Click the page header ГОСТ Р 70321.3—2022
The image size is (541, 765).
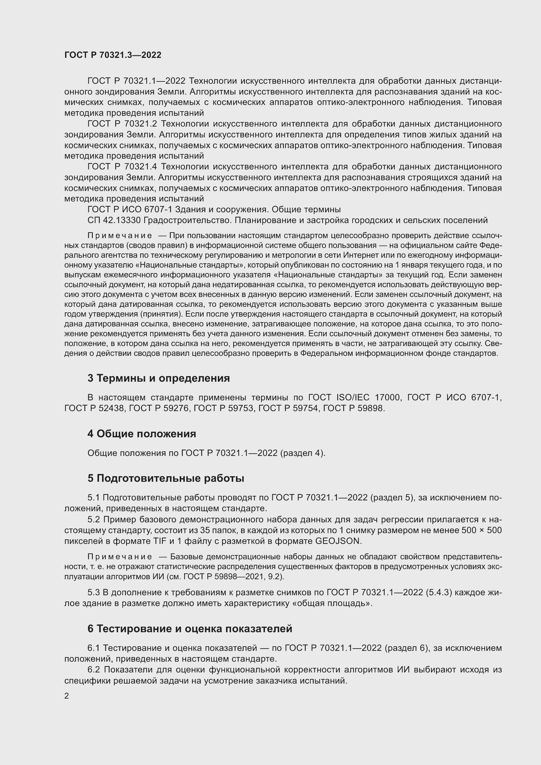tap(113, 55)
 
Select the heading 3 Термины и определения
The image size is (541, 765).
tap(159, 378)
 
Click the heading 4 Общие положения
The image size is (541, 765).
tap(142, 434)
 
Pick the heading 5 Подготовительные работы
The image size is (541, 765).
tap(166, 478)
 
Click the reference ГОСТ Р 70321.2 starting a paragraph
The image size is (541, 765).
tap(122, 124)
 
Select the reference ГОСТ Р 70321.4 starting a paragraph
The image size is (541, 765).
tap(122, 166)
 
